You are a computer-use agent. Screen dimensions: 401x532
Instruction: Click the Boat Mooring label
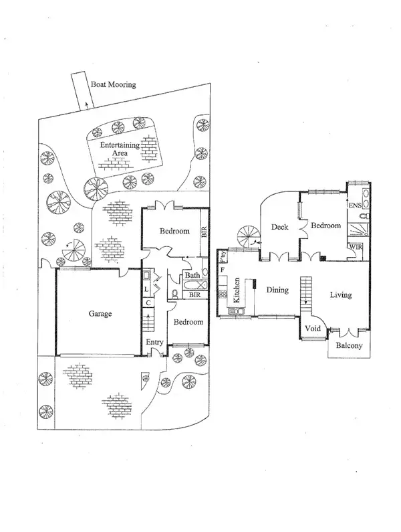click(114, 85)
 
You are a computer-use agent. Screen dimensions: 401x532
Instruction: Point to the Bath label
click(192, 275)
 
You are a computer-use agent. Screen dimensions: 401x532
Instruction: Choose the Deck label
click(279, 228)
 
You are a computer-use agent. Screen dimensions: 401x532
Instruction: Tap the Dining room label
click(277, 290)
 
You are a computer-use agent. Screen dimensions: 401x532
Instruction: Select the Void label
click(313, 329)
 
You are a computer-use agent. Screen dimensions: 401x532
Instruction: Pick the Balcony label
click(349, 346)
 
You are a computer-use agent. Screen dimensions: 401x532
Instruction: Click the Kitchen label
click(236, 291)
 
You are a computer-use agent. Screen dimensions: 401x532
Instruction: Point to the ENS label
click(354, 205)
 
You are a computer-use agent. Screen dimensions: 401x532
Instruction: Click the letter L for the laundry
click(146, 289)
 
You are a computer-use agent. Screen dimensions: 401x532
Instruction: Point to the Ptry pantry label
click(223, 256)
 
